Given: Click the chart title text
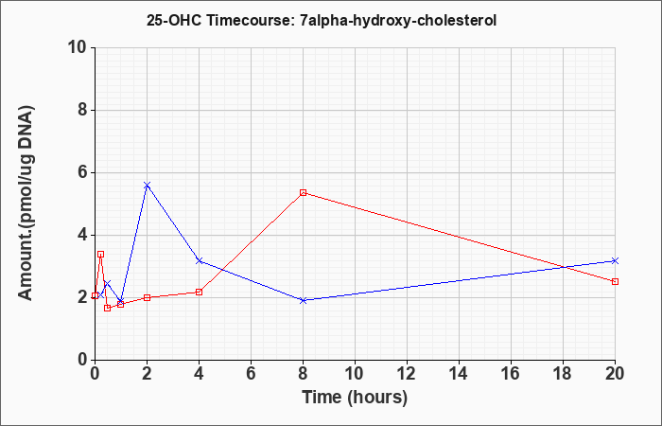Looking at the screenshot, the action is point(322,20).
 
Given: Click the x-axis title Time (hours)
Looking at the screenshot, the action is point(355,398).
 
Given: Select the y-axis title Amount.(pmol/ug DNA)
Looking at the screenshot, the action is point(26,204).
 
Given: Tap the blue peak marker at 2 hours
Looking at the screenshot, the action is point(147,186).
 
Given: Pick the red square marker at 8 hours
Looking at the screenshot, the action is point(303,193).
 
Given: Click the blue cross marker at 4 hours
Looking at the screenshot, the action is point(199,260).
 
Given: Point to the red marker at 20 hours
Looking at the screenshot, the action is point(615,281).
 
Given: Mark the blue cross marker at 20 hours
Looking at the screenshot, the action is point(615,260).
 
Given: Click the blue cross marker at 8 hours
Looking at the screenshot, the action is point(303,300).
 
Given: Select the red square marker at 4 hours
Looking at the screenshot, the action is point(199,292).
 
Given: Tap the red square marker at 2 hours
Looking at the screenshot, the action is point(147,297).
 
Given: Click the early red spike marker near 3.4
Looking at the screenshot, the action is point(100,254).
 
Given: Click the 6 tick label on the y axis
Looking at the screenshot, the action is point(83,172).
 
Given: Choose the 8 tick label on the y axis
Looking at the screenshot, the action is point(83,110).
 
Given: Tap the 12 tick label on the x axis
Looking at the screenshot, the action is point(407,374).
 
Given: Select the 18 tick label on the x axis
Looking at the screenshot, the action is point(563,374).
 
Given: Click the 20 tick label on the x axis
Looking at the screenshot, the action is point(615,374).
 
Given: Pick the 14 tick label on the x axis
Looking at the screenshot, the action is point(459,374).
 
